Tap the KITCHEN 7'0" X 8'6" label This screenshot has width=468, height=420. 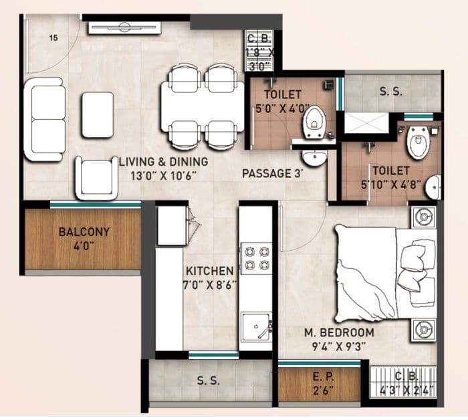210,278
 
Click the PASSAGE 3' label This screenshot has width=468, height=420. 273,173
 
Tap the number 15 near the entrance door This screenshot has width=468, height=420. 53,38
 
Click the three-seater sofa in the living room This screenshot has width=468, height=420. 44,118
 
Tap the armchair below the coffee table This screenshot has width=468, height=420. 96,177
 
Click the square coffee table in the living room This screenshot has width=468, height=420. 98,114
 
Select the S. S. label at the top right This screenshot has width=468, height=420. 390,92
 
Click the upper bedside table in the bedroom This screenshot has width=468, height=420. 422,217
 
